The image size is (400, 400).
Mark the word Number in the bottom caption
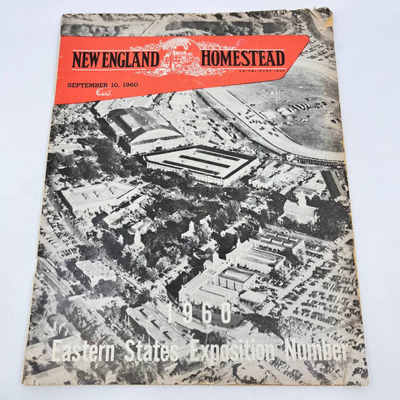tap(315, 351)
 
